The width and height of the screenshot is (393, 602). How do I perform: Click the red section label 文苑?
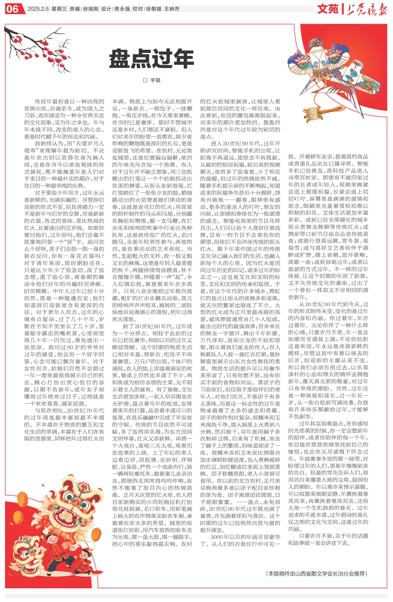[328, 9]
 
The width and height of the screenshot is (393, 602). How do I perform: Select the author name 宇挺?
[155, 80]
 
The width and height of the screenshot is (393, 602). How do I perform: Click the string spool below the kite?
[312, 113]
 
